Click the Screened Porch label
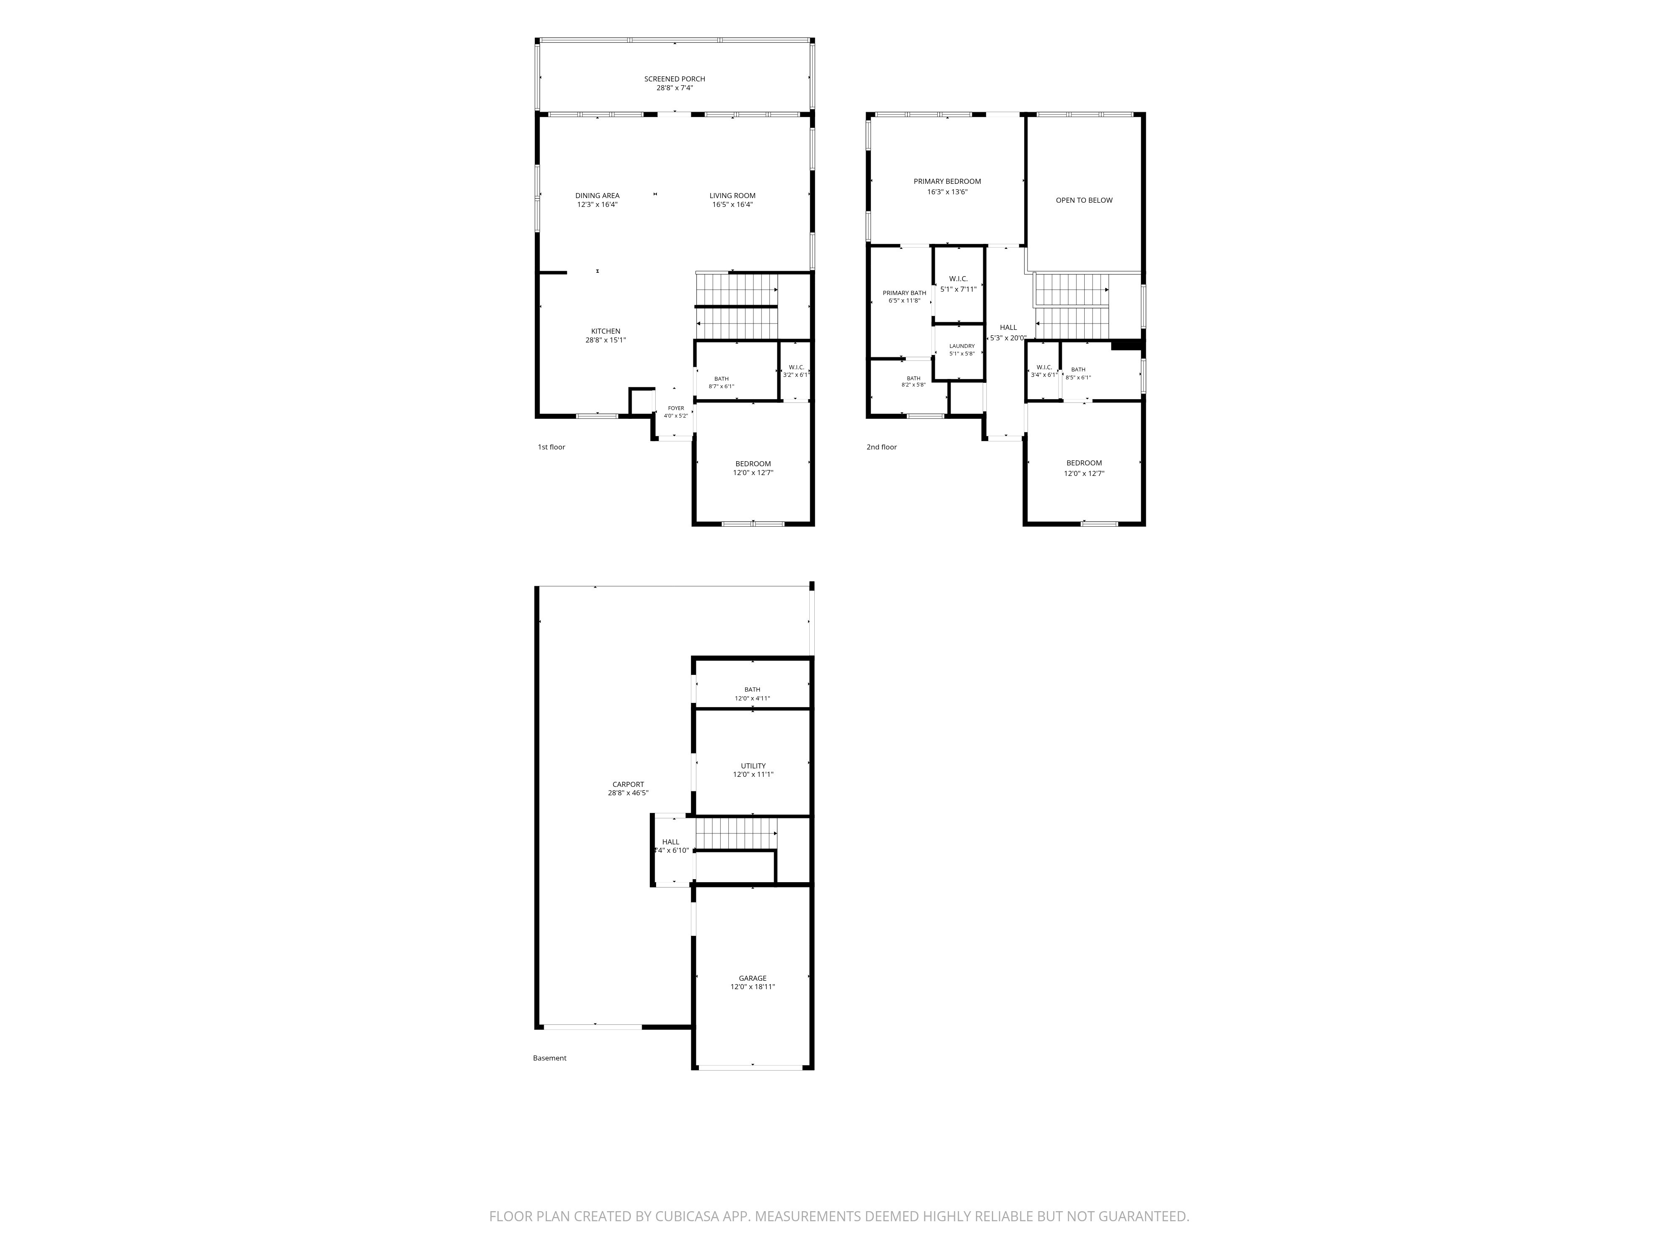click(x=675, y=79)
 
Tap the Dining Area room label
click(x=597, y=196)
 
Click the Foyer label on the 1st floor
click(x=675, y=408)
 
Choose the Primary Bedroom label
click(x=947, y=181)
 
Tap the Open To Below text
click(x=1084, y=200)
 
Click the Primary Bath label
click(x=904, y=293)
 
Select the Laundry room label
click(x=962, y=346)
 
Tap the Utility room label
click(x=753, y=766)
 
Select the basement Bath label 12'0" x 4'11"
click(x=752, y=690)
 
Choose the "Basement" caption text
click(x=549, y=1058)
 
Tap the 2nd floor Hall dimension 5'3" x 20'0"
click(x=1008, y=339)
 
